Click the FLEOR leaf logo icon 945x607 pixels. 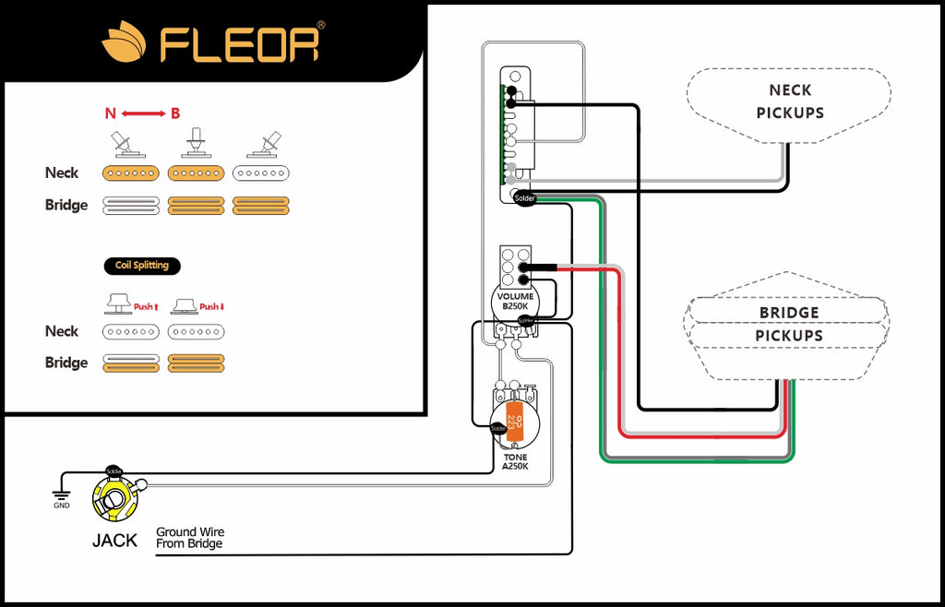point(124,42)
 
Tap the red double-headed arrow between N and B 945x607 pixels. point(143,113)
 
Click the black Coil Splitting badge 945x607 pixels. point(142,266)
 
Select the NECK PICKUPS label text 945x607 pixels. point(790,101)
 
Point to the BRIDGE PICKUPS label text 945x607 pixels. point(789,324)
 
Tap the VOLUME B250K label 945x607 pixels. point(515,301)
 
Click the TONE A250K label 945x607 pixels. point(515,462)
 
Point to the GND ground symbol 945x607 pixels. point(62,497)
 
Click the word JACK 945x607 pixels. point(114,541)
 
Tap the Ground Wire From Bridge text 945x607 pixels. point(190,538)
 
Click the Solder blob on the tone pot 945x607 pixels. point(498,428)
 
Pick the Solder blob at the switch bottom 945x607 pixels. point(524,197)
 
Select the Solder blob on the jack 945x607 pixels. point(114,470)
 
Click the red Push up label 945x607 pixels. point(147,306)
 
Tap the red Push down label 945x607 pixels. point(212,306)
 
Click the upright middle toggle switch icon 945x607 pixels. point(196,143)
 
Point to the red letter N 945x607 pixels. point(111,113)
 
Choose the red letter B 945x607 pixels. point(175,113)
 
